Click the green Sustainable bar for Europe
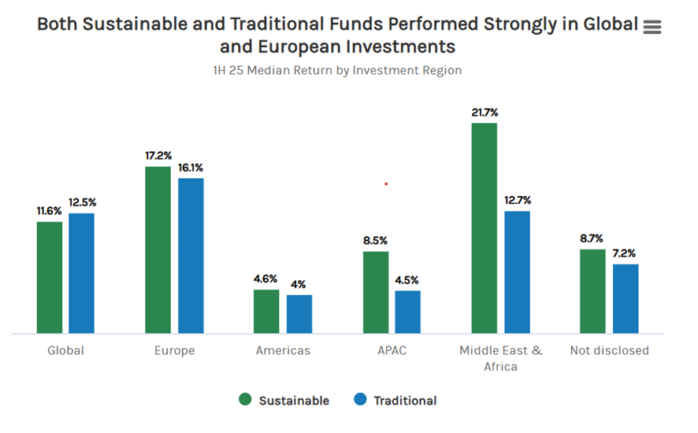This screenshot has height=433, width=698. click(x=158, y=250)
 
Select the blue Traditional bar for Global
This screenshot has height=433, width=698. click(x=81, y=273)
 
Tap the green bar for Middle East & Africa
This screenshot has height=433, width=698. click(x=484, y=228)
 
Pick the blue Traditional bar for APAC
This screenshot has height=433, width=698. click(x=407, y=312)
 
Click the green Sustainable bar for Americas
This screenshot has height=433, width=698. click(x=266, y=311)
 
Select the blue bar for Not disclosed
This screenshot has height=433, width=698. click(x=625, y=298)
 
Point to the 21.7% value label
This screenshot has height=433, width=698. click(x=485, y=113)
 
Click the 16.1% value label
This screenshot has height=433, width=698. click(x=191, y=168)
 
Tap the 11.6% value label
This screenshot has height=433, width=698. click(x=50, y=211)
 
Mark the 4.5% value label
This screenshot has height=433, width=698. click(x=407, y=279)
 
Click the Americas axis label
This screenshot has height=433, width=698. click(x=283, y=350)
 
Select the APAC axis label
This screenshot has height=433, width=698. click(x=392, y=350)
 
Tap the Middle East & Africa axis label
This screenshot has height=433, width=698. click(x=500, y=358)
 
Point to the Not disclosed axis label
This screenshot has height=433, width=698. click(x=609, y=350)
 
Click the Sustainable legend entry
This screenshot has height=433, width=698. click(x=284, y=400)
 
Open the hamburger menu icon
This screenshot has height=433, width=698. click(x=652, y=28)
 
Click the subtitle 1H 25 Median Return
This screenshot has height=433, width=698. click(x=336, y=70)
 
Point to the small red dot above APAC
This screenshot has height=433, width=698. click(x=386, y=184)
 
